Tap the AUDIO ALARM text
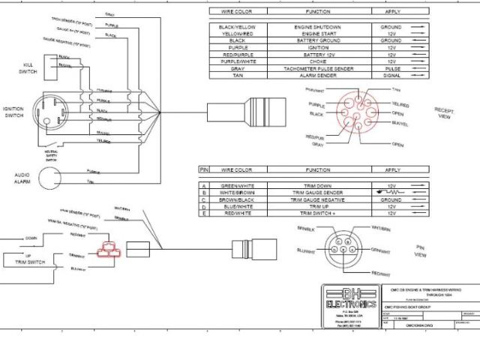click(x=22, y=179)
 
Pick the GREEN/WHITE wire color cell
click(x=239, y=184)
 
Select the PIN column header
click(x=202, y=170)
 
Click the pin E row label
click(x=202, y=213)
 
